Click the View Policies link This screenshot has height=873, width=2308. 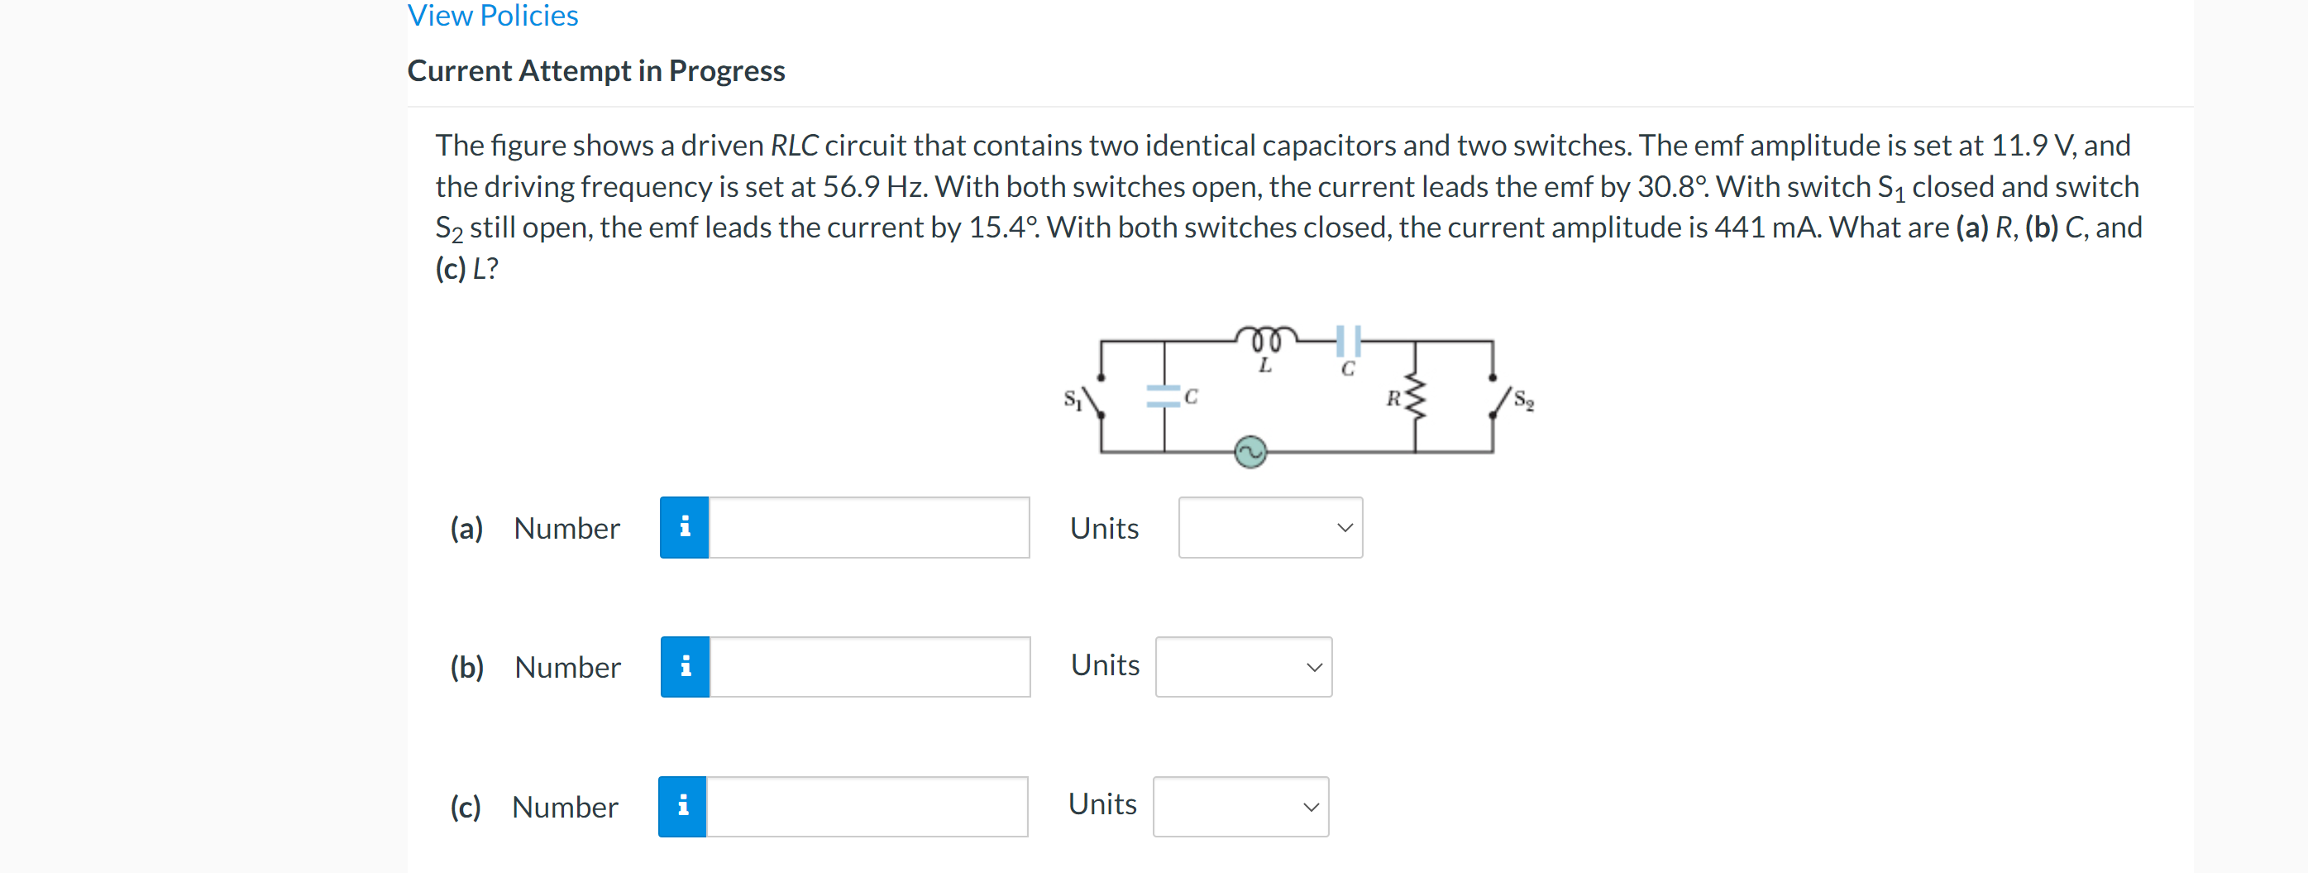click(493, 15)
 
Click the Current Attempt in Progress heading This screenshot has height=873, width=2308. click(596, 71)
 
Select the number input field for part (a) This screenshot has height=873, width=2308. click(868, 528)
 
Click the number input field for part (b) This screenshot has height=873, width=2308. click(869, 667)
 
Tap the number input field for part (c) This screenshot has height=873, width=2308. click(867, 807)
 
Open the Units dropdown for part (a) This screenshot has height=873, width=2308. click(1269, 528)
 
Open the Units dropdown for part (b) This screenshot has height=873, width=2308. click(1243, 667)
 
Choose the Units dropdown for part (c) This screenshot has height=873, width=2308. click(1240, 807)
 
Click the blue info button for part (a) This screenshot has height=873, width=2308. click(685, 528)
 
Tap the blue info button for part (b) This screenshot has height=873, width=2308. click(686, 667)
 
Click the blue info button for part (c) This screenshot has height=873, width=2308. click(683, 807)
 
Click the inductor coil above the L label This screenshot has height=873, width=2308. click(1265, 338)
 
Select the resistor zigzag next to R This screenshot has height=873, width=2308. click(1415, 396)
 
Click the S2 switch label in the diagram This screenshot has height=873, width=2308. click(1523, 401)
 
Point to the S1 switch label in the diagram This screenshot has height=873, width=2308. click(1073, 400)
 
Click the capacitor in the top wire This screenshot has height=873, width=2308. click(1348, 341)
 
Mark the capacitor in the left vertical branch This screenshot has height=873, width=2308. click(1164, 396)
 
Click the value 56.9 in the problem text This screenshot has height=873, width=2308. click(850, 186)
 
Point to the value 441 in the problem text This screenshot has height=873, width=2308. click(1740, 228)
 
